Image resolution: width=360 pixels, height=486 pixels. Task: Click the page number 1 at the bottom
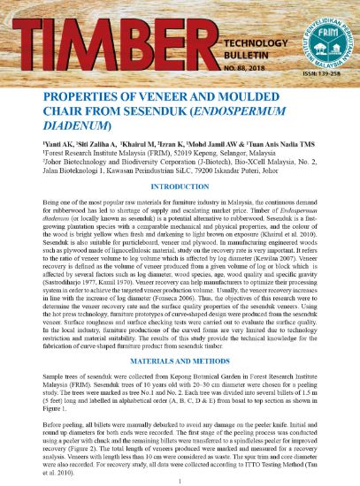(180, 480)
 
